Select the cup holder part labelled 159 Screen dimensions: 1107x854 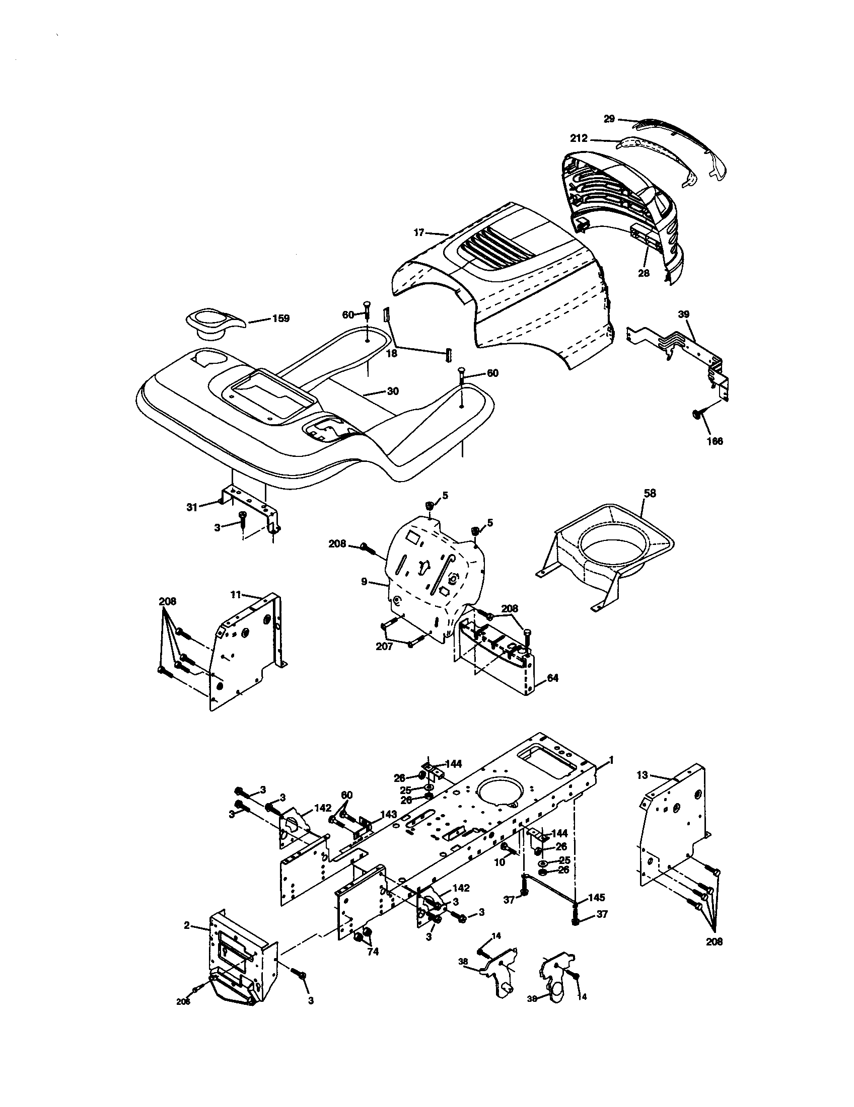[x=213, y=324]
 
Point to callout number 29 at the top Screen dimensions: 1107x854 [x=609, y=119]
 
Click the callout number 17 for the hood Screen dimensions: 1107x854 [x=419, y=232]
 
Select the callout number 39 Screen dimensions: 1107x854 [x=684, y=314]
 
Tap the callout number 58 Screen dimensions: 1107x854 [x=650, y=493]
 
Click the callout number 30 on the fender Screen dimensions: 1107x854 [x=393, y=391]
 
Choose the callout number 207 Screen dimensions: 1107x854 [x=384, y=647]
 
